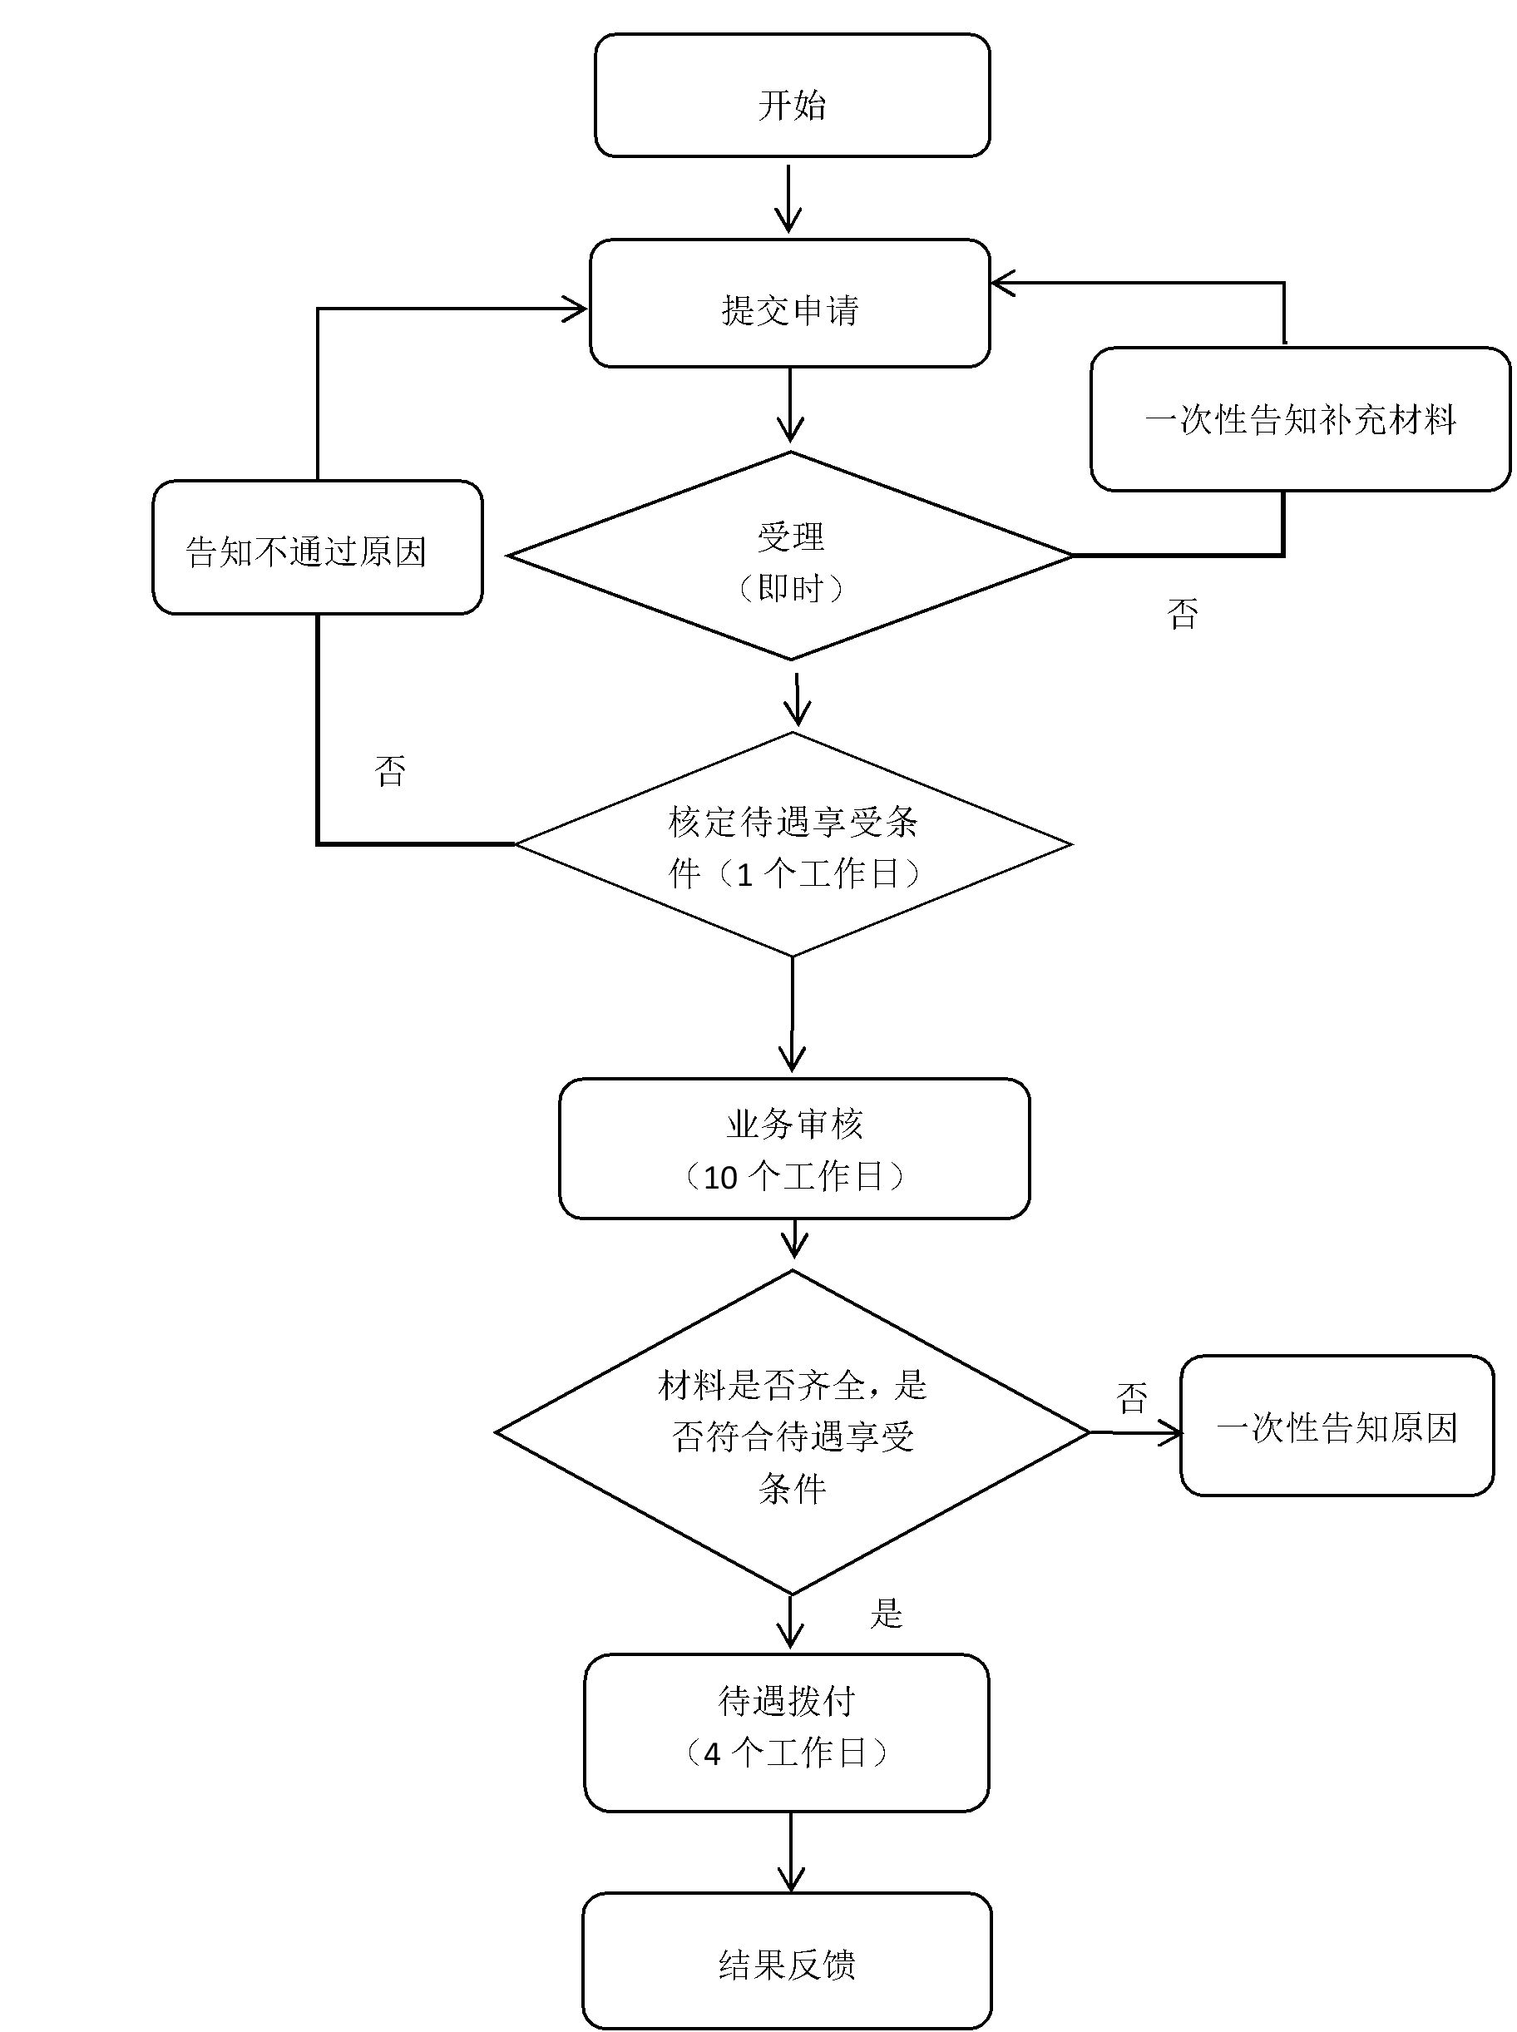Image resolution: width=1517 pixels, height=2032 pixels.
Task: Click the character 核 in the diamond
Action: [685, 823]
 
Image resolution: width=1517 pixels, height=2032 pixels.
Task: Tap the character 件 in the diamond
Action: [685, 874]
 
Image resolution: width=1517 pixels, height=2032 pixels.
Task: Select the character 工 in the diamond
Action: [814, 874]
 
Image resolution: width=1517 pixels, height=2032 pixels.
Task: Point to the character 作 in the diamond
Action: [850, 874]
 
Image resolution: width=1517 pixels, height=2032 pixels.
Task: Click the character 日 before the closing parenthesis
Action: [885, 874]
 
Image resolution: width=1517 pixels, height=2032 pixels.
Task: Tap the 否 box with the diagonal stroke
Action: [1132, 1395]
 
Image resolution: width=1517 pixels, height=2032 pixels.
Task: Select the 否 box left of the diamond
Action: [391, 772]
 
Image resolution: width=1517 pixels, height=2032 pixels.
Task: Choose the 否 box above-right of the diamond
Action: [1180, 615]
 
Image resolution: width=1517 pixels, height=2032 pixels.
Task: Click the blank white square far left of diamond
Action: [210, 918]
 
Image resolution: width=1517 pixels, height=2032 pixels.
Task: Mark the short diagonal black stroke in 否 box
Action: [1166, 1423]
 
